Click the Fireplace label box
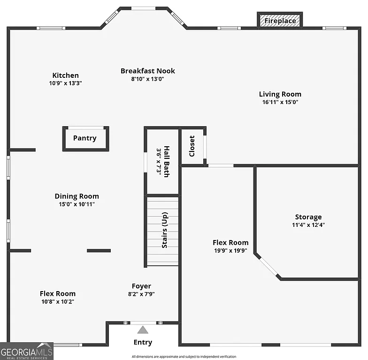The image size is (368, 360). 280,21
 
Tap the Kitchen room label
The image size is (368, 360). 65,75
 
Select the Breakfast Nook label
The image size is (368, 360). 147,71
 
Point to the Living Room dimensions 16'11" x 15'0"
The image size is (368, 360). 280,102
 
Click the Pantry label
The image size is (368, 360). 85,138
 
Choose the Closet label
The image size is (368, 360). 192,146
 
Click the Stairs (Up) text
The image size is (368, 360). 165,232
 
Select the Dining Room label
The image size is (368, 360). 77,196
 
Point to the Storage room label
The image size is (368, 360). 308,217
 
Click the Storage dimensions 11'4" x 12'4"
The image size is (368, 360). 308,225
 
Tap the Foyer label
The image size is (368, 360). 141,286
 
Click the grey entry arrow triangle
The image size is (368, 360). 143,330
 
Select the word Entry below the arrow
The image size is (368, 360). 143,343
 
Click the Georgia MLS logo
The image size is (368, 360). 27,351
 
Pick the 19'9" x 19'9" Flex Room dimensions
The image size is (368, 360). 230,250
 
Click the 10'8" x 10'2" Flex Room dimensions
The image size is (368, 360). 58,301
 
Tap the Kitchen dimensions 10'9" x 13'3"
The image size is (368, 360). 65,83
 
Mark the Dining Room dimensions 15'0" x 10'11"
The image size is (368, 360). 77,204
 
